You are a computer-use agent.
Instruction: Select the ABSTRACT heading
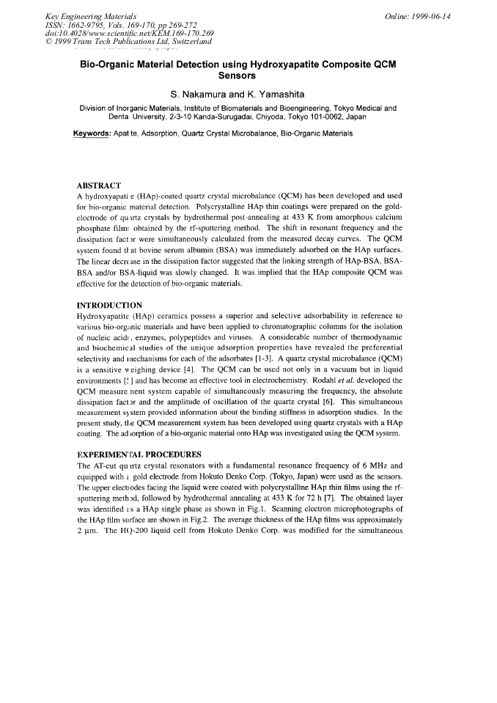click(99, 185)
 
